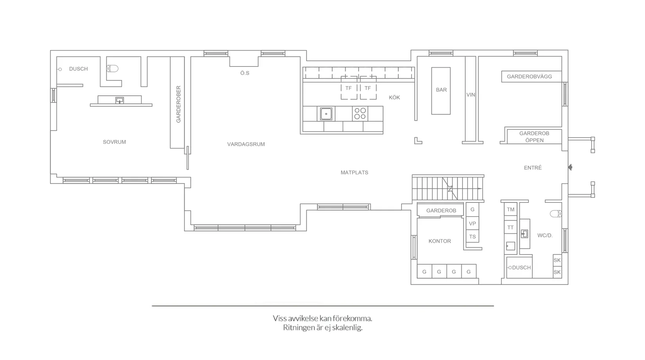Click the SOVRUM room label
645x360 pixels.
pos(114,142)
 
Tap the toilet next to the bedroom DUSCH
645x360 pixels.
pos(112,69)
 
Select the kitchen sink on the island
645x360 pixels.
pos(326,114)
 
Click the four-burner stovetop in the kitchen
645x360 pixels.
pos(360,114)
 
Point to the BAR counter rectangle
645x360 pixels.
pos(441,91)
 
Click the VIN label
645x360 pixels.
pos(471,95)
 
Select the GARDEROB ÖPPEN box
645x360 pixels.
pos(534,137)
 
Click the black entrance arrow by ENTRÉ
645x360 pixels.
pos(570,167)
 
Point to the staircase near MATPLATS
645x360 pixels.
pos(448,188)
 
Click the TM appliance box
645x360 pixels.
pos(511,210)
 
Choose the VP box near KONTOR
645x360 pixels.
pos(472,224)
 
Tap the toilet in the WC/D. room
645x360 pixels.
pos(555,214)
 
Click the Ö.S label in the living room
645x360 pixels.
pos(245,73)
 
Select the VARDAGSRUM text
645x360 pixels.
pos(246,144)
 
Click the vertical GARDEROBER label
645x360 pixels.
pos(178,104)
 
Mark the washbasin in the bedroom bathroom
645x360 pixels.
pos(120,100)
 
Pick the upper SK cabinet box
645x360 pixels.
pos(557,260)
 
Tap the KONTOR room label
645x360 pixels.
pos(439,241)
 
